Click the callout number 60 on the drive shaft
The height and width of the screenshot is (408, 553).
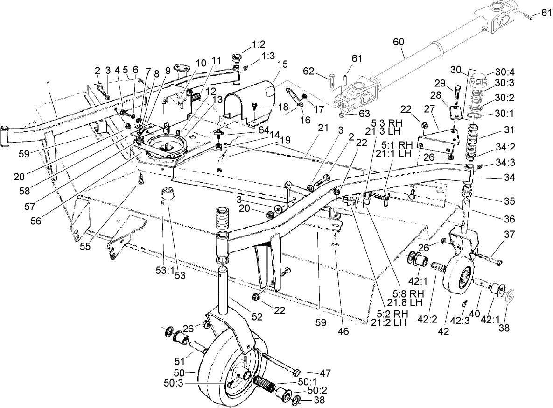(399, 42)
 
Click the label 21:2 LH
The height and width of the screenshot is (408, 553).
(390, 322)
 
